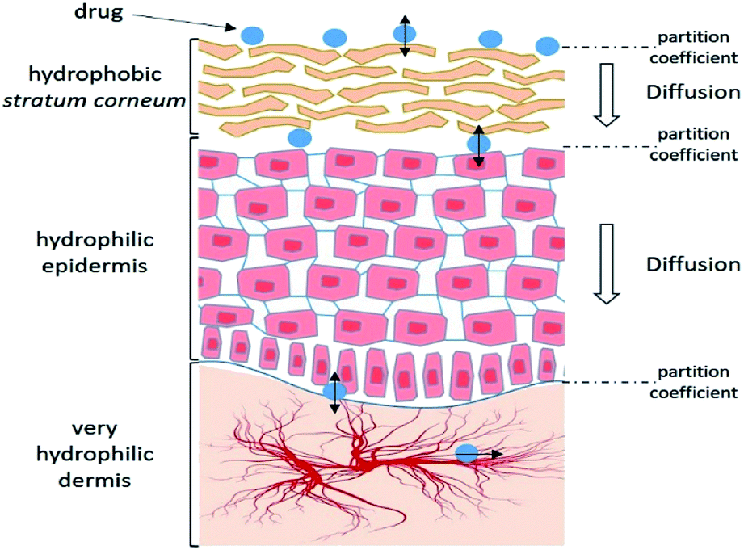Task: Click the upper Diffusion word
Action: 692,91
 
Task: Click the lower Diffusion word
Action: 692,264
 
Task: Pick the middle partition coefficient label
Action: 696,146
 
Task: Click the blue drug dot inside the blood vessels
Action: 466,454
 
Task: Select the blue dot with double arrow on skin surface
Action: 404,33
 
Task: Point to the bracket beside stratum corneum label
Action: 192,86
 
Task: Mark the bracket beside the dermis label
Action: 192,454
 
